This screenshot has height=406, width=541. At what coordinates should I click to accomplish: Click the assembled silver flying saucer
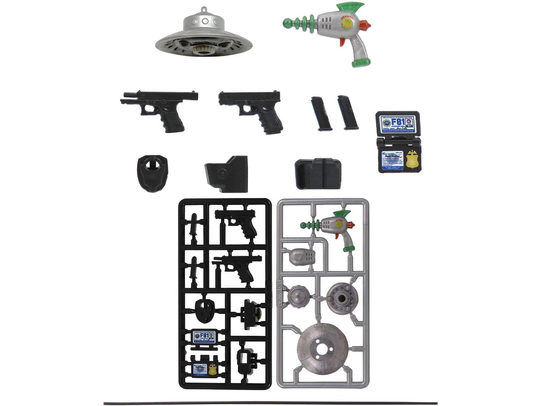pyautogui.click(x=204, y=36)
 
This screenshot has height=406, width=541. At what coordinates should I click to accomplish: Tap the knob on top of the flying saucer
pyautogui.click(x=205, y=9)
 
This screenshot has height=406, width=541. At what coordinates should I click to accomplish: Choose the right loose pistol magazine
pyautogui.click(x=348, y=113)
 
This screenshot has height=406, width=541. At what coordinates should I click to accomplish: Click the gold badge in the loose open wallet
pyautogui.click(x=412, y=159)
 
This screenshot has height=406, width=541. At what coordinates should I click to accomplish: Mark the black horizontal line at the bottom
pyautogui.click(x=270, y=403)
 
